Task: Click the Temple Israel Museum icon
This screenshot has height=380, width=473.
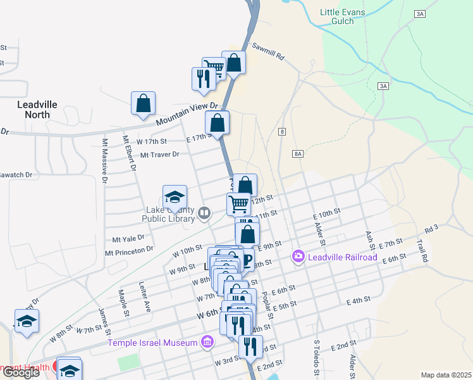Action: click(206, 343)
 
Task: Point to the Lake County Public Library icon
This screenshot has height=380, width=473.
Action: click(204, 213)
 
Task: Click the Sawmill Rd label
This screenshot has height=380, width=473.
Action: click(269, 52)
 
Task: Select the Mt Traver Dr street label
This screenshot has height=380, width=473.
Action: click(160, 154)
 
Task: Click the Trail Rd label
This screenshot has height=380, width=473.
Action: click(422, 250)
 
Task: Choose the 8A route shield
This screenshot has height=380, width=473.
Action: click(298, 154)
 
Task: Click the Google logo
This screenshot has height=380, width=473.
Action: click(21, 372)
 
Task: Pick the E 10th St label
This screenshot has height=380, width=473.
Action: click(326, 214)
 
